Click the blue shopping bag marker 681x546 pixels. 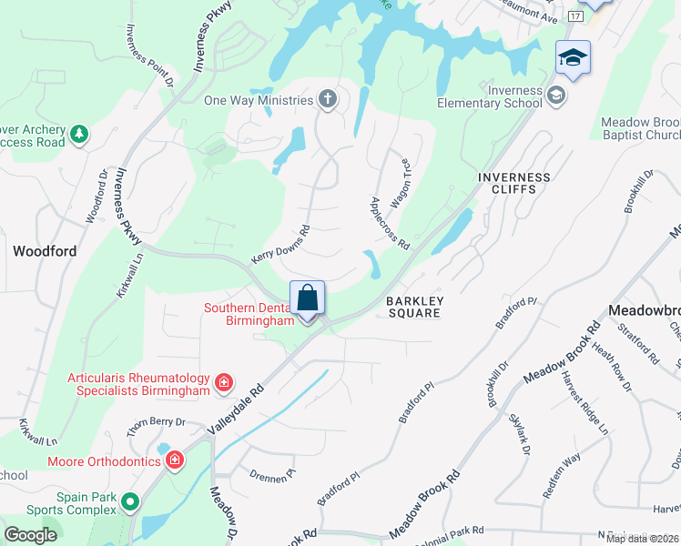click(x=308, y=298)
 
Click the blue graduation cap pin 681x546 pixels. click(x=573, y=59)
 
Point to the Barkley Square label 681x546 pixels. click(x=413, y=307)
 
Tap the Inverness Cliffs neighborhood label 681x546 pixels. click(x=514, y=183)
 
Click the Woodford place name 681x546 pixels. click(x=45, y=249)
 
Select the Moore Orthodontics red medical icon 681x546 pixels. click(x=174, y=461)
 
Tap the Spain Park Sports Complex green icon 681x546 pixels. click(x=130, y=500)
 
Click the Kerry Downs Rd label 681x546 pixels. click(x=280, y=245)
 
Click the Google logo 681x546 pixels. click(x=31, y=535)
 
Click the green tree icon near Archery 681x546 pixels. click(x=79, y=135)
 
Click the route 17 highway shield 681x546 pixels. click(x=574, y=16)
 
